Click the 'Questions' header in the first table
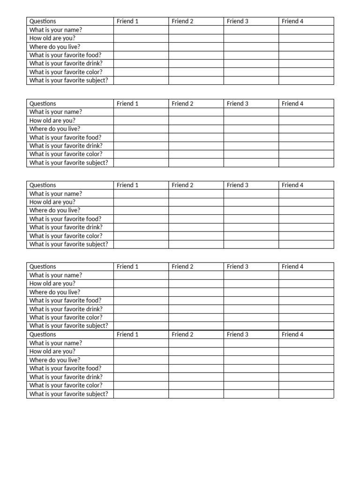coord(43,21)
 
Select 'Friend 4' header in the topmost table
coord(292,21)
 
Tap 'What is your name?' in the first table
coord(56,30)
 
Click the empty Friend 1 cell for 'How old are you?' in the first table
coord(141,38)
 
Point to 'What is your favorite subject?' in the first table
coord(68,80)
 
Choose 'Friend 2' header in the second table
coord(182,104)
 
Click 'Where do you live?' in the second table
coord(55,129)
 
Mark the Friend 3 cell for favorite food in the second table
coord(251,137)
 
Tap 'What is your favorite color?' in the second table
coord(66,154)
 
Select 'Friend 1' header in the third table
coord(127,185)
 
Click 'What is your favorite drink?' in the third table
coord(66,227)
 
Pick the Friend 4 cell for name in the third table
coord(306,194)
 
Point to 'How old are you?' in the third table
coord(52,202)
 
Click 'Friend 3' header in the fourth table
coord(238,267)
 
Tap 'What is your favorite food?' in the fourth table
coord(65,300)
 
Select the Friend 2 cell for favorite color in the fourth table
coord(196,317)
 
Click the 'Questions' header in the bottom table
coord(43,335)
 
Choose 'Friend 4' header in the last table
coord(292,335)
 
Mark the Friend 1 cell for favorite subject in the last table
coord(141,394)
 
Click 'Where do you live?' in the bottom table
coord(55,360)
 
